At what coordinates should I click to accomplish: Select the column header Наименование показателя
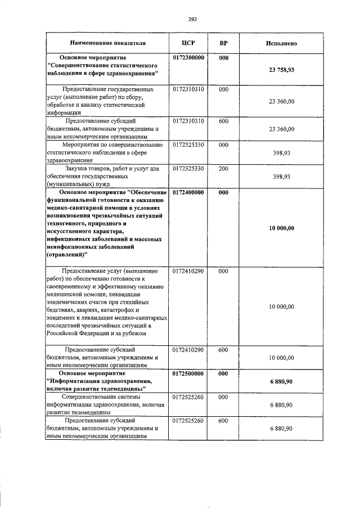tap(107, 43)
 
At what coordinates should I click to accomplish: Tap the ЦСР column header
tap(188, 43)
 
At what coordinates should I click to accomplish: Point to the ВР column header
tap(223, 43)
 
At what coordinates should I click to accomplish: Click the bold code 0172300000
tap(188, 58)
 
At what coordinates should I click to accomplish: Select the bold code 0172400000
tap(188, 192)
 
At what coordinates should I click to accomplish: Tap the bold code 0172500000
tap(188, 373)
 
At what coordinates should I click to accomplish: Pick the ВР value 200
tap(223, 168)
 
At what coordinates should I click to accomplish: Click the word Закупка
tap(78, 168)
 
